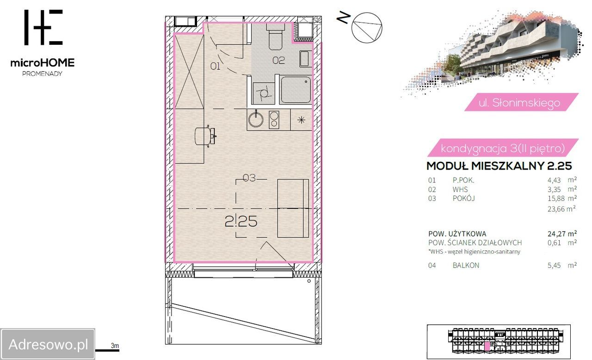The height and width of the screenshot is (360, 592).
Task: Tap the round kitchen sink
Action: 256,119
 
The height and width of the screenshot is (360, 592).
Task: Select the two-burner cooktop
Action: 274,120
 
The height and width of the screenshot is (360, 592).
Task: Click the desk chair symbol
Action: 205,136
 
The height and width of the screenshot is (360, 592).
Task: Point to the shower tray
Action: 296,90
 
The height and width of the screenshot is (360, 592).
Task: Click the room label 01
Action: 215,66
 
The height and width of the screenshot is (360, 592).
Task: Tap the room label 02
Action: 278,61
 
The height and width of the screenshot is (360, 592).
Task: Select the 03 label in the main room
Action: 249,178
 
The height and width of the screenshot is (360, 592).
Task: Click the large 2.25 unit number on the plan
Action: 241,221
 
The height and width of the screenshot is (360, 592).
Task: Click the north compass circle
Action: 367,28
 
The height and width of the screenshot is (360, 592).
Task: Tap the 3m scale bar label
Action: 115,346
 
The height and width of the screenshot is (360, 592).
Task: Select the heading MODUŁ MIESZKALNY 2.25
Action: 499,166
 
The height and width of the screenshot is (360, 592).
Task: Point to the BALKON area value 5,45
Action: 554,265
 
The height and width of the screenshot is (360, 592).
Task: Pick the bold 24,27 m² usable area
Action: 562,233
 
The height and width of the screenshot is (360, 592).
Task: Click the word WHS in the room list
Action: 460,189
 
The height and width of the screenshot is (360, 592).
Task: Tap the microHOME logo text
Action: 43,63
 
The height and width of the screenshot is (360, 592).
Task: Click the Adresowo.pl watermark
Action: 48,344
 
